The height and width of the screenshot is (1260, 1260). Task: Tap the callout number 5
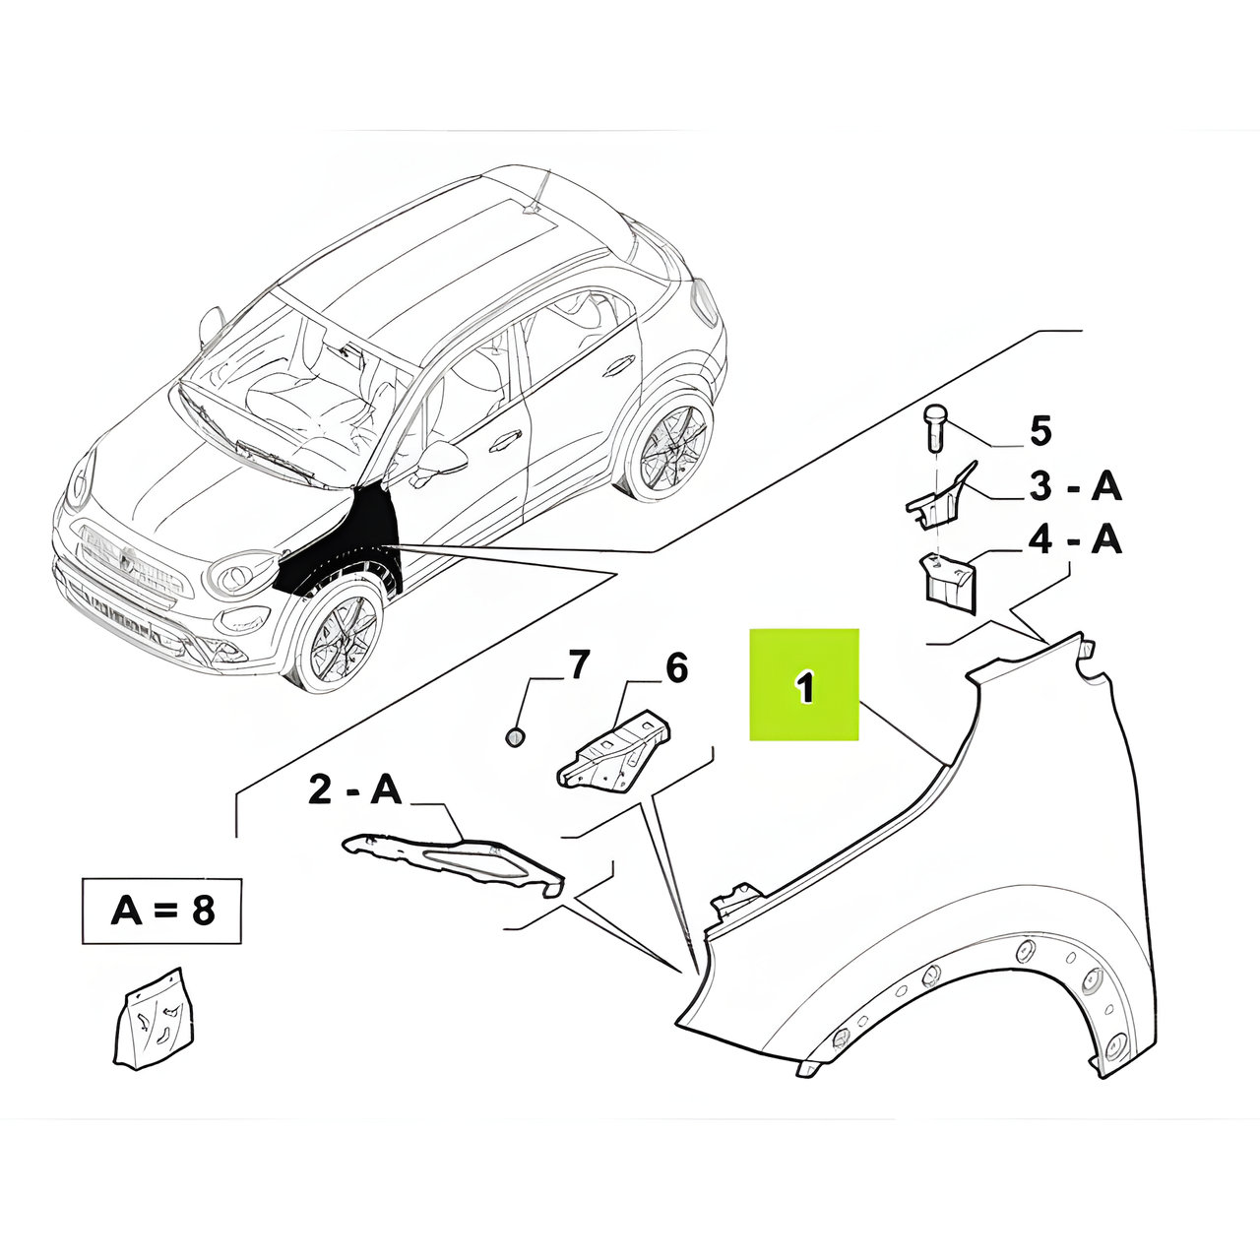1040,431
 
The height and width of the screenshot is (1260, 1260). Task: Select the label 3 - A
1076,487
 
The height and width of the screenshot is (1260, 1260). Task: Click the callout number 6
676,667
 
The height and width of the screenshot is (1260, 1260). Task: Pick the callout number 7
580,665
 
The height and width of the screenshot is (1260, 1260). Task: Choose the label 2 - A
353,790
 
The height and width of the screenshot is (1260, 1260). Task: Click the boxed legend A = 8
162,911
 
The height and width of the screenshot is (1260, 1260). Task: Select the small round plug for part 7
515,738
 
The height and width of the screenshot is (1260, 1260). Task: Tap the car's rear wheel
671,448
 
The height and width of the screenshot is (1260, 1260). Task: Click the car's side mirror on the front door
440,460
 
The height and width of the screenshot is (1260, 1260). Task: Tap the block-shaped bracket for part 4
948,582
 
